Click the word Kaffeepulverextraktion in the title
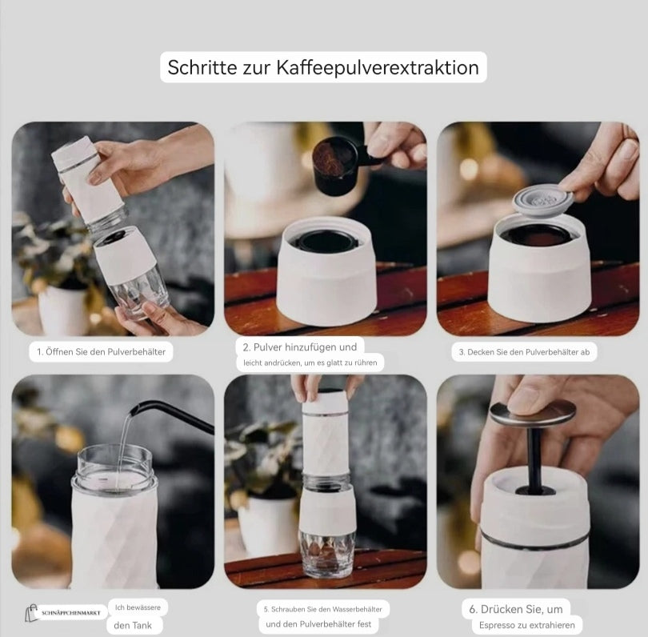[377, 67]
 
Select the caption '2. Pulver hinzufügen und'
[299, 347]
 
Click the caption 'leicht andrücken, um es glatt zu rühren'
[310, 363]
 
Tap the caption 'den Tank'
[134, 626]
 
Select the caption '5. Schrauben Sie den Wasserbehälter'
[323, 608]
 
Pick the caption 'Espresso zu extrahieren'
[526, 626]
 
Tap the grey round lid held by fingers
[542, 202]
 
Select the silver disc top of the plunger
[532, 414]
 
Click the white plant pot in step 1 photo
[63, 310]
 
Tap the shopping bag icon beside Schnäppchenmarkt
[32, 614]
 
